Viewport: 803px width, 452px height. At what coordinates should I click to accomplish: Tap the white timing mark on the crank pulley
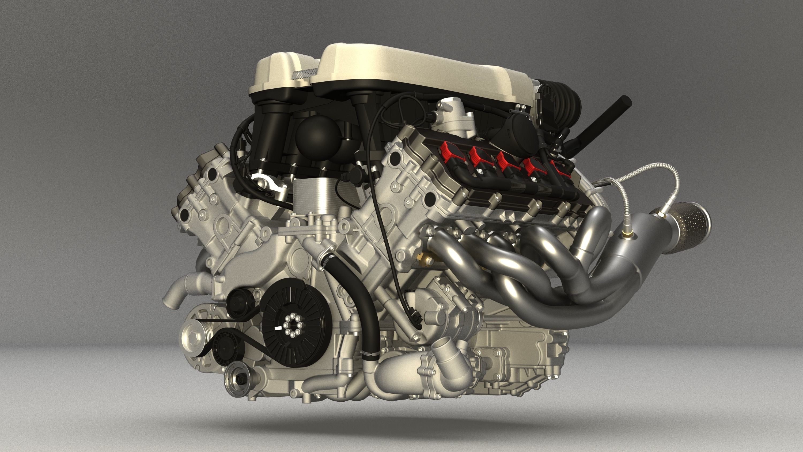click(279, 328)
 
